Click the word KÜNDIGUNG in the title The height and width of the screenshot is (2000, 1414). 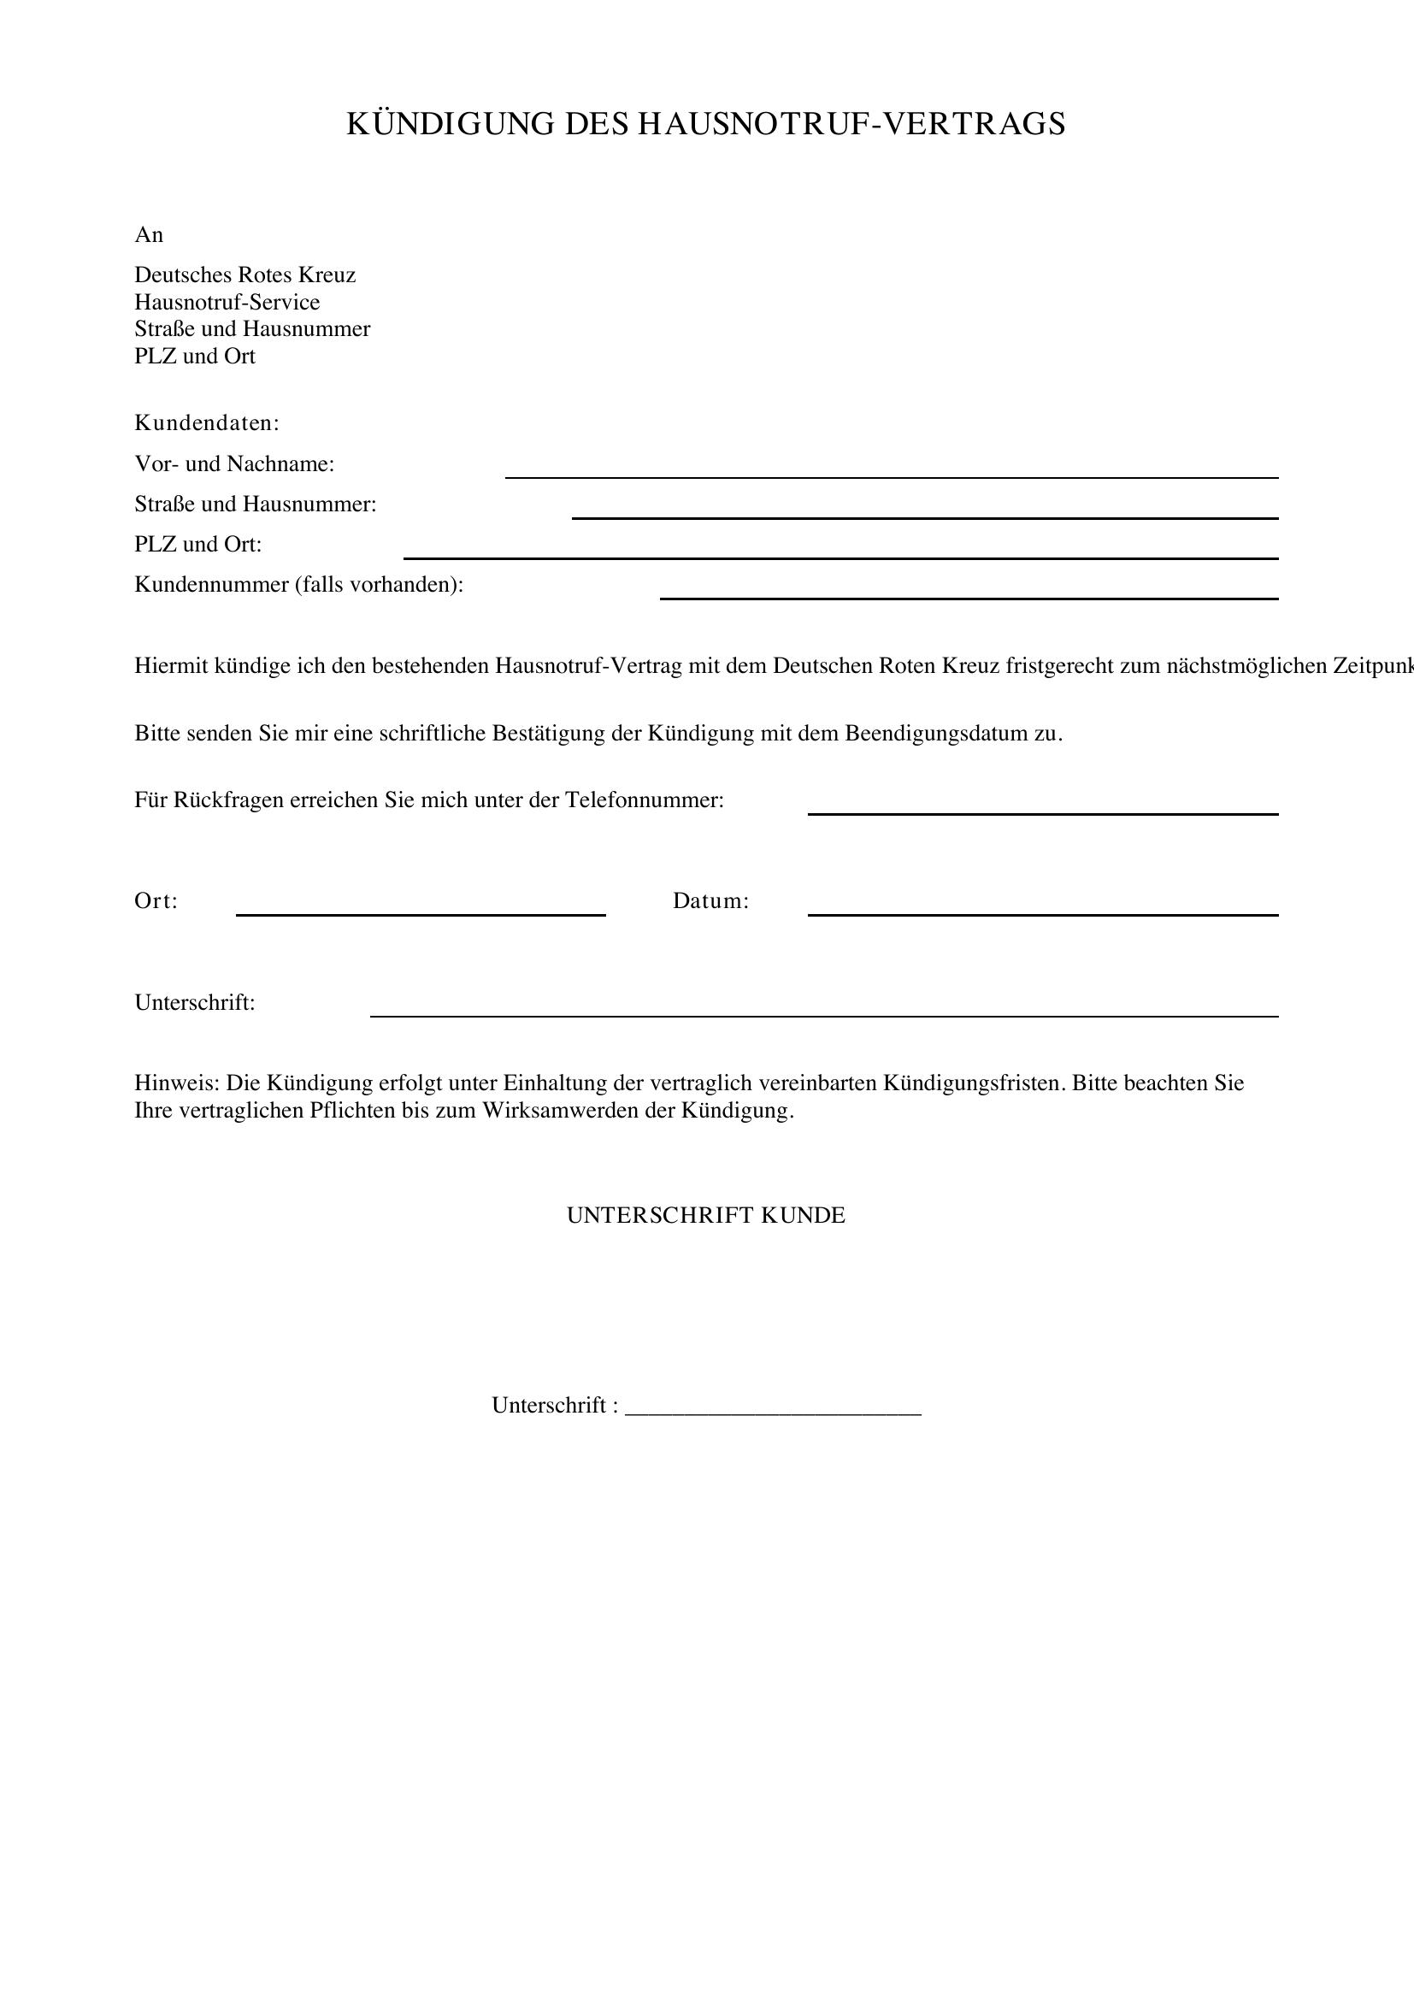tap(451, 125)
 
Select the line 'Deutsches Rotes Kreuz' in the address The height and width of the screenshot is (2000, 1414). tap(245, 275)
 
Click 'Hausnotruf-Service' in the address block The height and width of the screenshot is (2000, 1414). tap(227, 302)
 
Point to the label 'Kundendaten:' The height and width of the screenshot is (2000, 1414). tap(206, 423)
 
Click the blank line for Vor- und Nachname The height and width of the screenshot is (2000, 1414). tap(891, 476)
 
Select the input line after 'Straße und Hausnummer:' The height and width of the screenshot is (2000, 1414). tap(924, 517)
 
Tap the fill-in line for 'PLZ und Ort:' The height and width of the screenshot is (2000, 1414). tap(840, 558)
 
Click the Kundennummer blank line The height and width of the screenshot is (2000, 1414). tap(969, 598)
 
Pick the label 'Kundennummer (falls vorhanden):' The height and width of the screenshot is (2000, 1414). tap(298, 585)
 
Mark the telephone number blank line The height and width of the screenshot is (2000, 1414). tap(1042, 812)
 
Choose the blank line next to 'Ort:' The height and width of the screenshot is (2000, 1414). tap(421, 914)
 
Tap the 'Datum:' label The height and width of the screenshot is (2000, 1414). tap(710, 900)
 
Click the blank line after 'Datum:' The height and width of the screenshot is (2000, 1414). tap(1042, 914)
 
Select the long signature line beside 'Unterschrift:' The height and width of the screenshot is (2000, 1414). tap(823, 1015)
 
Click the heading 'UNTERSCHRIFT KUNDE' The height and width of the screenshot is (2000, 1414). tap(706, 1215)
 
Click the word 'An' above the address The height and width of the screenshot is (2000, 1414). tap(149, 235)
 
